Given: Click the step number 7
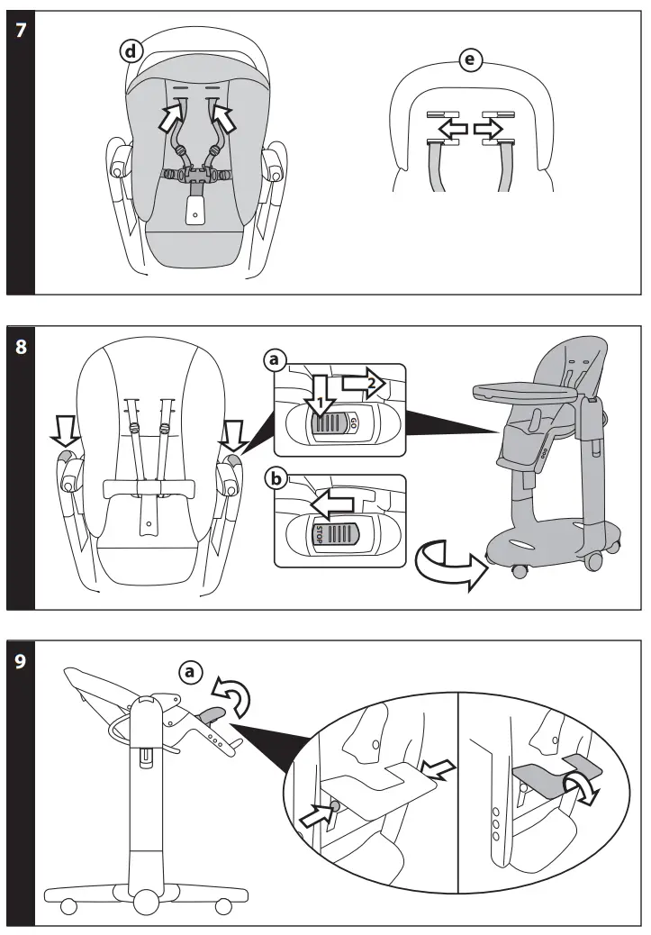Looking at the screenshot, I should (x=21, y=30).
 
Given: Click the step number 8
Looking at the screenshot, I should (x=21, y=345).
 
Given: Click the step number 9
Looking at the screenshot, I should (x=21, y=659).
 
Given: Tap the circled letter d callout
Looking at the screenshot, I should (x=131, y=51).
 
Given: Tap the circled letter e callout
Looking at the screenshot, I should (x=469, y=59).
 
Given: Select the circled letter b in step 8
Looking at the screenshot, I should (x=275, y=477).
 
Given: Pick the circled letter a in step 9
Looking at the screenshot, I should (x=190, y=671).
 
